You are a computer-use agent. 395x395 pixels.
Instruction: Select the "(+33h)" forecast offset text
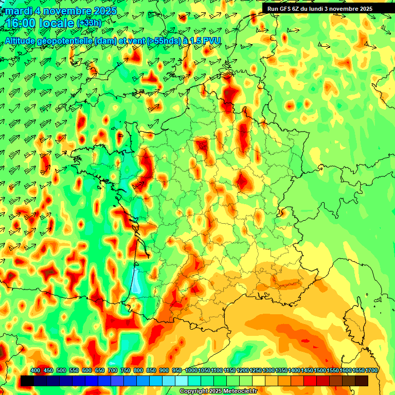pyautogui.click(x=89, y=23)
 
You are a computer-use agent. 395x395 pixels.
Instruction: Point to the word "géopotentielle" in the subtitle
pyautogui.click(x=62, y=41)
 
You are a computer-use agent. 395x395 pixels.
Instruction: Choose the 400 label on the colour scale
pyautogui.click(x=35, y=371)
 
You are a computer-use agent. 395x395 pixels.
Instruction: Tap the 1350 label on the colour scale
pyautogui.click(x=281, y=371)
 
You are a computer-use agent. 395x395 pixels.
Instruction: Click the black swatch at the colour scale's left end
pyautogui.click(x=27, y=381)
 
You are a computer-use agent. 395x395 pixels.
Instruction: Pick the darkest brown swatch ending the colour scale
pyautogui.click(x=362, y=381)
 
